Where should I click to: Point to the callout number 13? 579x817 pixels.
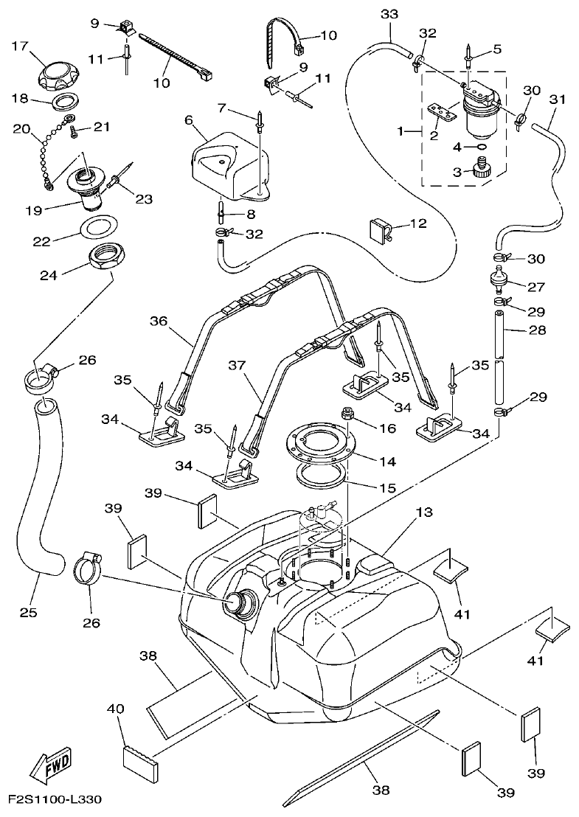pyautogui.click(x=424, y=512)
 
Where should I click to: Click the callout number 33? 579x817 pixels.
pyautogui.click(x=389, y=15)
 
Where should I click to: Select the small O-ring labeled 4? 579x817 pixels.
pyautogui.click(x=480, y=147)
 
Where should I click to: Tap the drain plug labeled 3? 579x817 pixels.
pyautogui.click(x=482, y=170)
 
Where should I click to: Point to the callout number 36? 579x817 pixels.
pyautogui.click(x=158, y=321)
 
